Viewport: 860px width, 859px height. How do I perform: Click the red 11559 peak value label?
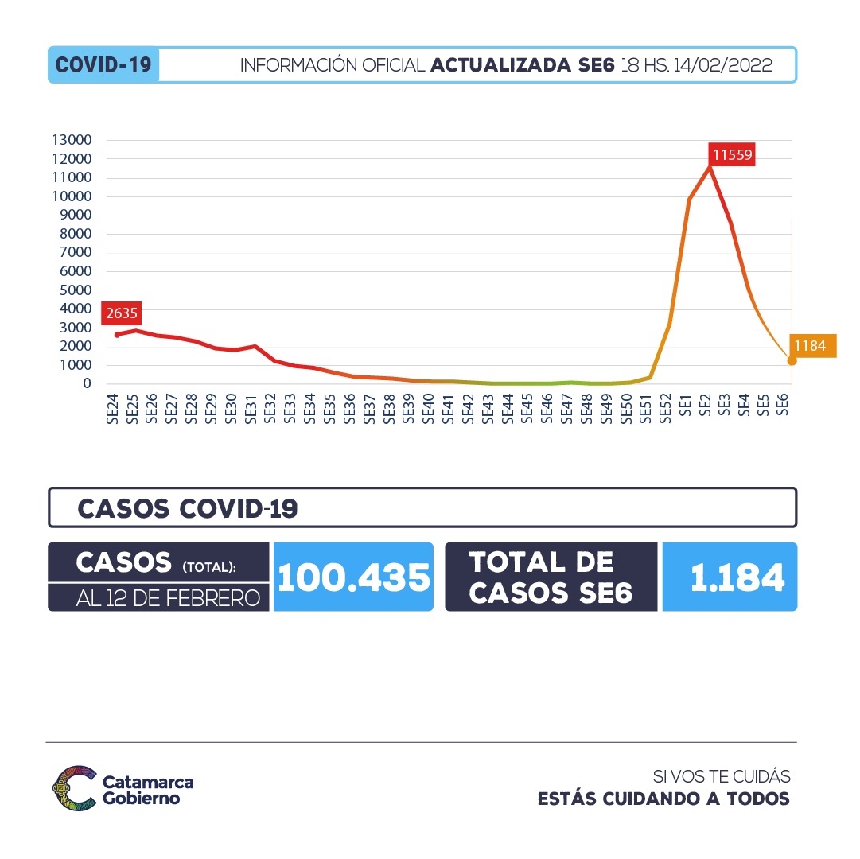point(733,155)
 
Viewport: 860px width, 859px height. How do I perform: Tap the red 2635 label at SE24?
point(122,313)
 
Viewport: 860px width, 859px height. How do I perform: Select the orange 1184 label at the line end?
point(811,346)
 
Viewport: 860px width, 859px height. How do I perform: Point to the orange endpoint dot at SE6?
point(792,361)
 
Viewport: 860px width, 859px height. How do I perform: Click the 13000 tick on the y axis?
point(72,140)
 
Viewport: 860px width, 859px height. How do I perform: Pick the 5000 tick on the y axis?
point(76,290)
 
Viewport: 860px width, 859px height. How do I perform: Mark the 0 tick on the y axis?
point(88,384)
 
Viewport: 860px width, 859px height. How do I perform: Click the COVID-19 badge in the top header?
point(103,65)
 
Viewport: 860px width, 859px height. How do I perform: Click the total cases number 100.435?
point(353,577)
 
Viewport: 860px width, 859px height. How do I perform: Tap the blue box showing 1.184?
point(729,577)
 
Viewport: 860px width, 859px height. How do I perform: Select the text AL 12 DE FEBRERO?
point(168,598)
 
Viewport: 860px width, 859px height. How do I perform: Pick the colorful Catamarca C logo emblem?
point(73,787)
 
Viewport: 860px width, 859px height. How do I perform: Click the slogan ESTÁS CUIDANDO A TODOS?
point(663,799)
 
